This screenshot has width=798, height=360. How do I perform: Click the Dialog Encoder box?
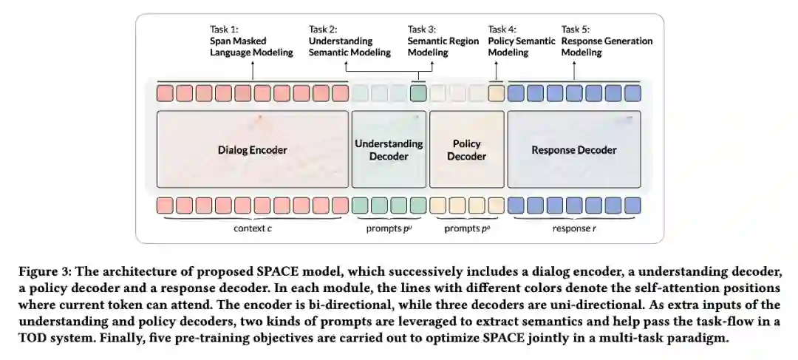[252, 149]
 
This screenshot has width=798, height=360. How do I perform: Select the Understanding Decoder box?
[389, 149]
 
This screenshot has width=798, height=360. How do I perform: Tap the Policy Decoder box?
[466, 149]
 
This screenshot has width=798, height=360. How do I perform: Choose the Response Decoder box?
[573, 149]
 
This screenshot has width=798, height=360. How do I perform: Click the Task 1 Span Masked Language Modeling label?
[251, 41]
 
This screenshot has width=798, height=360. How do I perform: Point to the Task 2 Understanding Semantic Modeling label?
[349, 41]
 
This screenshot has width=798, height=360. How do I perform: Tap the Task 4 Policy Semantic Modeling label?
[521, 41]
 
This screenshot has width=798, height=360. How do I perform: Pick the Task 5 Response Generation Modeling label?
[607, 41]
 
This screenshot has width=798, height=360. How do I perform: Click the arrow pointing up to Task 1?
[252, 70]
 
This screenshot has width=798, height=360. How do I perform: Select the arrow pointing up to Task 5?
[574, 70]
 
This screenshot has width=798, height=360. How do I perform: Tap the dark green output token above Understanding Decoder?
[418, 94]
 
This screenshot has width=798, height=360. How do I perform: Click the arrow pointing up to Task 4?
[496, 70]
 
